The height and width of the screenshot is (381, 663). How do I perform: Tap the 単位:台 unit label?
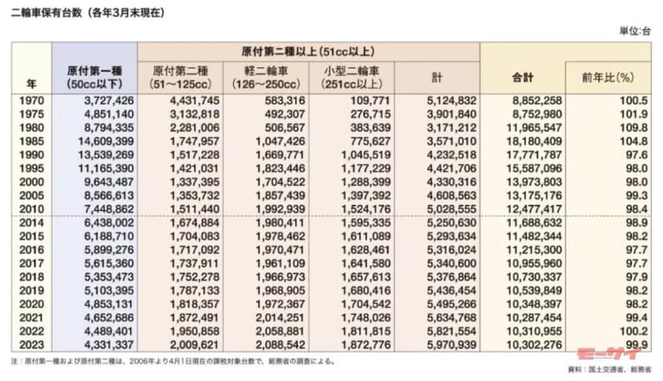coord(634,31)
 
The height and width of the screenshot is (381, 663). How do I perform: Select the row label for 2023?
coord(32,344)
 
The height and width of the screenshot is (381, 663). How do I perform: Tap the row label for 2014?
coord(32,223)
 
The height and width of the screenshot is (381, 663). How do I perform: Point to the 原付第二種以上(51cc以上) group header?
coord(308,52)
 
